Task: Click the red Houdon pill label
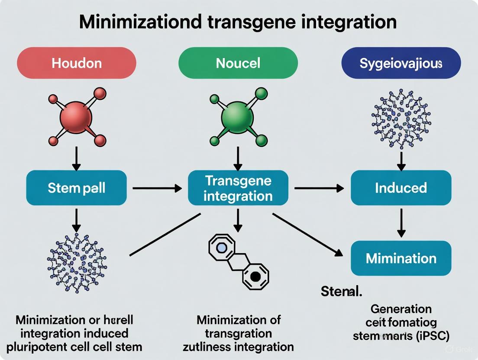[x=77, y=63]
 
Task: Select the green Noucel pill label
[x=238, y=63]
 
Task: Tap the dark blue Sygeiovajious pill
[x=401, y=63]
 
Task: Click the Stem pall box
[x=76, y=188]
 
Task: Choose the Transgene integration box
[x=238, y=188]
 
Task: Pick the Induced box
[x=401, y=188]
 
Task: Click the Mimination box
[x=401, y=258]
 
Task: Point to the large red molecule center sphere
[x=76, y=117]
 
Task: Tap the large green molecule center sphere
[x=238, y=117]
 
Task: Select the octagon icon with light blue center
[x=221, y=247]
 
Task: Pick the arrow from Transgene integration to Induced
[x=319, y=188]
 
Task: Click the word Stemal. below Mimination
[x=341, y=292]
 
